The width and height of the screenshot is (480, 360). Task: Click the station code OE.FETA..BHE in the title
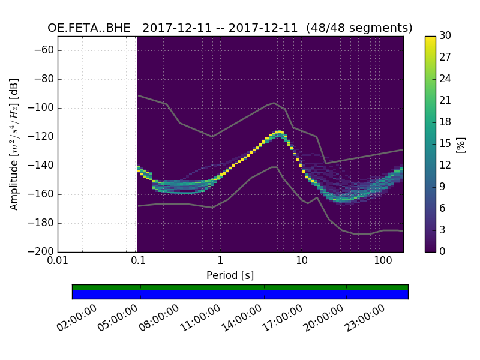(x=91, y=28)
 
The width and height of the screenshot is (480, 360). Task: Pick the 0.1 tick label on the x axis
(x=138, y=262)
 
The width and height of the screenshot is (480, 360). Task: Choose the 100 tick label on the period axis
(x=383, y=262)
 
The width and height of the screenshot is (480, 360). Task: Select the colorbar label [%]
(x=461, y=144)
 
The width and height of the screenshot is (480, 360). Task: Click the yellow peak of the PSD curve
(x=279, y=131)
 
